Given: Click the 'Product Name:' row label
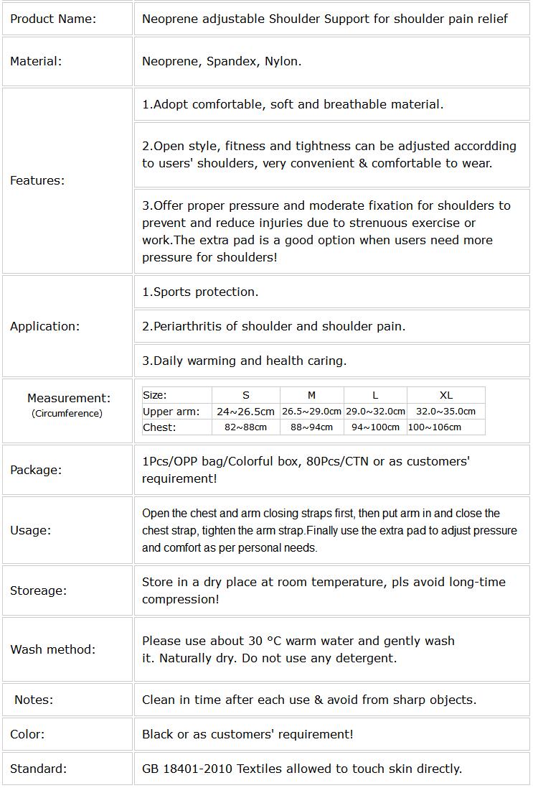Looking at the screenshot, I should pyautogui.click(x=53, y=19).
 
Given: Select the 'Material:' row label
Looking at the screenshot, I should pyautogui.click(x=36, y=61).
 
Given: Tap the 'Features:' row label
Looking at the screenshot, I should pyautogui.click(x=37, y=180).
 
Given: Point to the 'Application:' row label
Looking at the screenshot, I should pyautogui.click(x=45, y=326).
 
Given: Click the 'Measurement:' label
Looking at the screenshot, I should pyautogui.click(x=69, y=397).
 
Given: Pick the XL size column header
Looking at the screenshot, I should pyautogui.click(x=446, y=395).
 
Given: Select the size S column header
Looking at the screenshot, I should pyautogui.click(x=246, y=395).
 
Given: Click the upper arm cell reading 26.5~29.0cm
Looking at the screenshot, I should pyautogui.click(x=311, y=412).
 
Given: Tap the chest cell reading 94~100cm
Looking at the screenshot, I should pyautogui.click(x=375, y=427).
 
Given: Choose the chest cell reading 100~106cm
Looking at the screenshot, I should pyautogui.click(x=435, y=427).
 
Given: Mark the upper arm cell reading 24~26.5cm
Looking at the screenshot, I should pyautogui.click(x=246, y=412).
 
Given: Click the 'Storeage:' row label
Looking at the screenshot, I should pyautogui.click(x=38, y=590).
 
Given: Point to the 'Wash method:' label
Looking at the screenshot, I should pyautogui.click(x=52, y=649).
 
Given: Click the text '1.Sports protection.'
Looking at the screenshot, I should pyautogui.click(x=200, y=292).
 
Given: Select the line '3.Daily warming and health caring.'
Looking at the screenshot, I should pyautogui.click(x=244, y=361).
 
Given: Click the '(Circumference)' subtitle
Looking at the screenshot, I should pyautogui.click(x=67, y=413).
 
